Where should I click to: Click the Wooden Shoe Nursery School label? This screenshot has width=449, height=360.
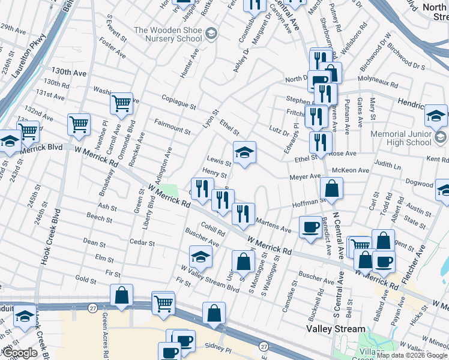(x=167, y=34)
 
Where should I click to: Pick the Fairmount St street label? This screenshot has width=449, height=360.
(x=172, y=127)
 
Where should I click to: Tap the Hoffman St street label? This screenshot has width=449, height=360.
(x=308, y=204)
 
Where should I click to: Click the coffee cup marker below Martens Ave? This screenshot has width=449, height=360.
(x=310, y=227)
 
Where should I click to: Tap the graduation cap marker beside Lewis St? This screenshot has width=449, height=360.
(x=244, y=154)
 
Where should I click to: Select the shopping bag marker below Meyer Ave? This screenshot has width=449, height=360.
(x=331, y=189)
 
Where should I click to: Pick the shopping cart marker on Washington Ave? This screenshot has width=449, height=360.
(x=121, y=104)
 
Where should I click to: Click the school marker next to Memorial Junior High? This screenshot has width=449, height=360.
(x=436, y=115)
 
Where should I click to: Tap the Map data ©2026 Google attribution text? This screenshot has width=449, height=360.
(x=412, y=355)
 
